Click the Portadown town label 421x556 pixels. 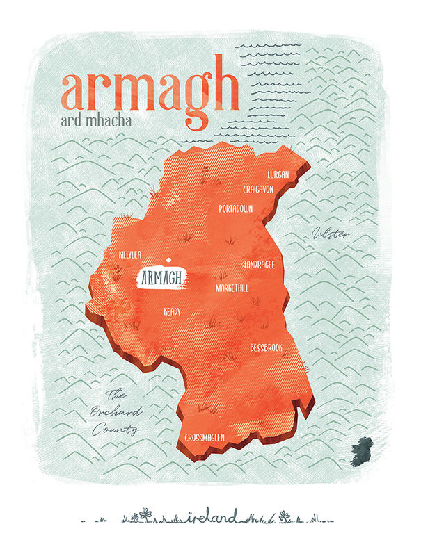click(x=235, y=208)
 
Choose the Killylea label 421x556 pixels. click(x=131, y=255)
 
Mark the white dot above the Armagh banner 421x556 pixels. click(x=167, y=261)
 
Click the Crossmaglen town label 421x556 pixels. click(x=209, y=438)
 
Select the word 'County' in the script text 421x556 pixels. click(x=116, y=431)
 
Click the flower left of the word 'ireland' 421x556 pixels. click(x=145, y=514)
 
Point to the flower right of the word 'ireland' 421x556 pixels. click(x=284, y=516)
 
